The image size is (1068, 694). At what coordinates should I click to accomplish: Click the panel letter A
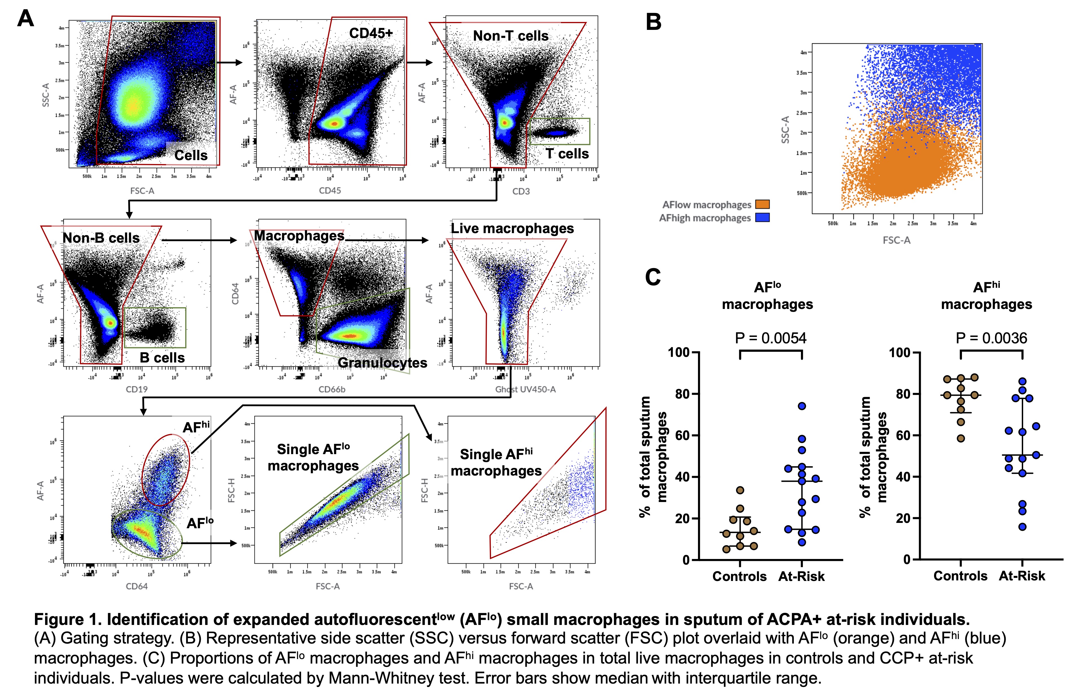point(26,19)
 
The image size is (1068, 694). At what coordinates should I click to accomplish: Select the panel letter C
point(653,277)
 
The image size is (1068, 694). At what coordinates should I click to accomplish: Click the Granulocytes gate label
point(382,363)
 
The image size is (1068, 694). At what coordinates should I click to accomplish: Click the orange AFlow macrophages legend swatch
point(762,205)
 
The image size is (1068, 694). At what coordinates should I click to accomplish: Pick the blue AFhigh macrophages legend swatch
point(762,218)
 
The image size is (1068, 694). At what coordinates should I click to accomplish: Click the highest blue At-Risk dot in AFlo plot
point(802,406)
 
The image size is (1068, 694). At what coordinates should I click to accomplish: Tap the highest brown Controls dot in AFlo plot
point(740,490)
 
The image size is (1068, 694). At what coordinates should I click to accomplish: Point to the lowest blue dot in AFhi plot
point(1022,527)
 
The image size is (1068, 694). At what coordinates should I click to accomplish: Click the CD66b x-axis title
point(332,389)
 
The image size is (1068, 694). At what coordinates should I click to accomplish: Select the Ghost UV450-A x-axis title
point(525,389)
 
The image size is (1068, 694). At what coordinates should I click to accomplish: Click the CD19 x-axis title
point(136,389)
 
